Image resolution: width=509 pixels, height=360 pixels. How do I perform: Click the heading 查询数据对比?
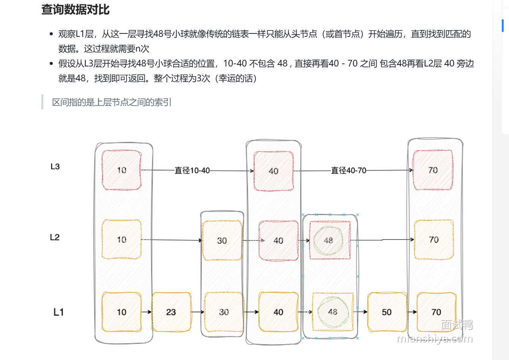click(x=75, y=9)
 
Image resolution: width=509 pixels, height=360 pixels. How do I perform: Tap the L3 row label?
click(x=55, y=166)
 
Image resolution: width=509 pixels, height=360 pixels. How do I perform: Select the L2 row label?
click(x=55, y=237)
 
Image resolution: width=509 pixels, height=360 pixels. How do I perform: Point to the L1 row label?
click(x=58, y=312)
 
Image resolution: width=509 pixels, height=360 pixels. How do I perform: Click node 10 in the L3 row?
click(x=121, y=170)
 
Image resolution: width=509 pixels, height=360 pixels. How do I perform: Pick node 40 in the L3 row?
click(x=273, y=171)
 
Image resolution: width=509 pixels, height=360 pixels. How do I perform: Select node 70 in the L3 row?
click(x=433, y=170)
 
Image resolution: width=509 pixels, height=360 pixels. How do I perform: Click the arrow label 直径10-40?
click(x=192, y=171)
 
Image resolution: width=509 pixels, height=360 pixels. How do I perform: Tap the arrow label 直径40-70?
click(x=348, y=171)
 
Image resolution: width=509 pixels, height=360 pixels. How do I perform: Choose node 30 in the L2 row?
click(x=222, y=240)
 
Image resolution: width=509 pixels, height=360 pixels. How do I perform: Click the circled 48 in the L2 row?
click(x=328, y=240)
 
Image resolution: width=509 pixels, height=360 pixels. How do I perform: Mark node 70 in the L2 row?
click(x=433, y=240)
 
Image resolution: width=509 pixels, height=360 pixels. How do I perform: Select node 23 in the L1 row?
click(x=171, y=312)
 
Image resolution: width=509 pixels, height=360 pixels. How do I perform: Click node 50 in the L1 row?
click(x=386, y=312)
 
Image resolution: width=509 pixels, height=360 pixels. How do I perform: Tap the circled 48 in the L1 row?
click(x=333, y=312)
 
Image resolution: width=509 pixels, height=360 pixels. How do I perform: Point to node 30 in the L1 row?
click(x=224, y=312)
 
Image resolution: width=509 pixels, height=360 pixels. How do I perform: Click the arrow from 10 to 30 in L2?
click(x=171, y=240)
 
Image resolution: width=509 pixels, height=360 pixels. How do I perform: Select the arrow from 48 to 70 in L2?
click(x=381, y=240)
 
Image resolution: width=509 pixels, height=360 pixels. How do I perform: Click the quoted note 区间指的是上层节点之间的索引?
click(x=112, y=102)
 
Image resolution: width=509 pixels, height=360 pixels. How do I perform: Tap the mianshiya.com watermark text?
click(x=435, y=339)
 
